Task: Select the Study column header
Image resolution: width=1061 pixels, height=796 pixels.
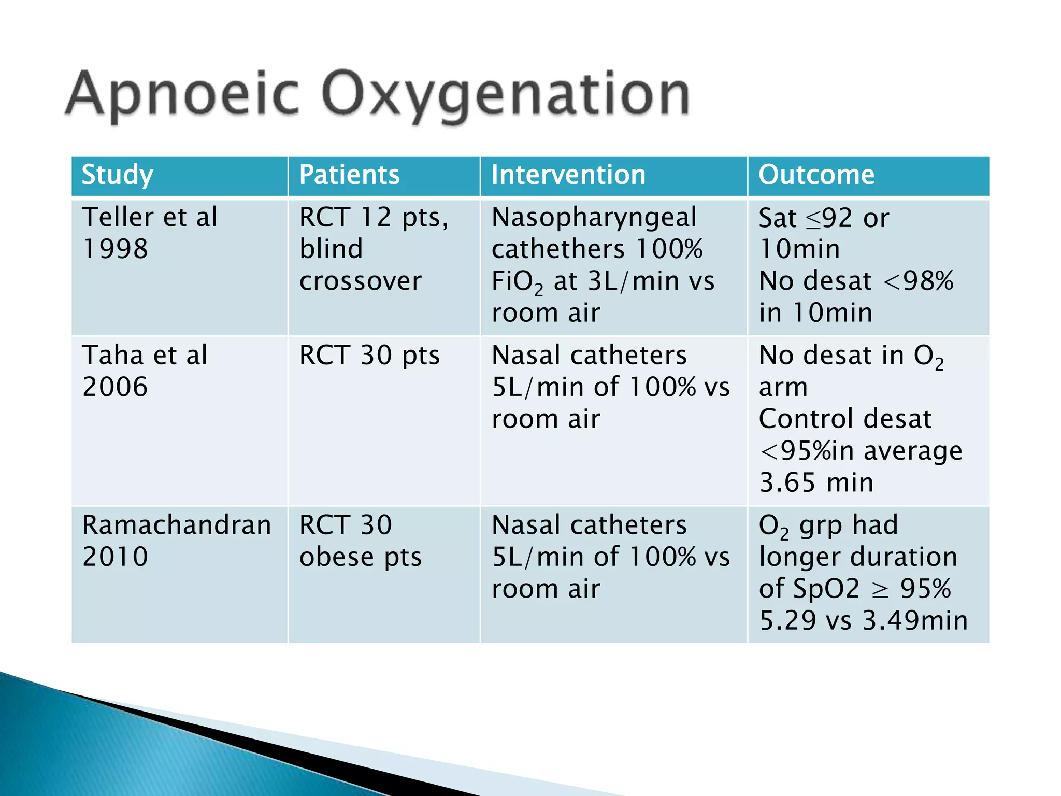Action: (118, 175)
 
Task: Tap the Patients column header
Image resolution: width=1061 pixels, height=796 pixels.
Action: (349, 175)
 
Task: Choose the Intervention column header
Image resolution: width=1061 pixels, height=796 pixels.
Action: (568, 175)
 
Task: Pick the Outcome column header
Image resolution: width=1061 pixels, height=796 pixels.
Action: (816, 175)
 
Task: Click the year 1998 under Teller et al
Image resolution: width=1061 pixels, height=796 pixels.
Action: (115, 249)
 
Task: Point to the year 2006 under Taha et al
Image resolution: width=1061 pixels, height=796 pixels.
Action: (115, 387)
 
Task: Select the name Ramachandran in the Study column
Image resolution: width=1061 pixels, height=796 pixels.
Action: (177, 525)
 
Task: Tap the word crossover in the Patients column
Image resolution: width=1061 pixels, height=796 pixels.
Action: (361, 281)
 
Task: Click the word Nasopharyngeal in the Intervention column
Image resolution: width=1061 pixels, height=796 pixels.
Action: (594, 217)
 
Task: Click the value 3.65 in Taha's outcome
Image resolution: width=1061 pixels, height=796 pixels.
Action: (787, 482)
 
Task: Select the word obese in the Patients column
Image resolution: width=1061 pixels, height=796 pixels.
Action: (337, 557)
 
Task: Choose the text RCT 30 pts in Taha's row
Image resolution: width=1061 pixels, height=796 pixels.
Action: (369, 356)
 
